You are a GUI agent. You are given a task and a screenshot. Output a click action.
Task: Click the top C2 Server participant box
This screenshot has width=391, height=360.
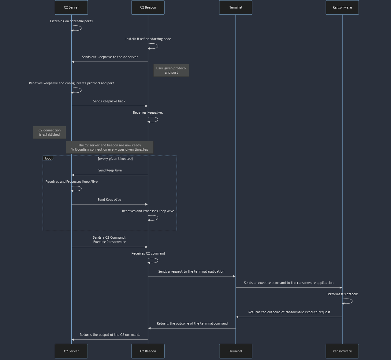point(71,7)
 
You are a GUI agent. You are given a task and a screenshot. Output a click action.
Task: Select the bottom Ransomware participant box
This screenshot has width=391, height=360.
point(342,351)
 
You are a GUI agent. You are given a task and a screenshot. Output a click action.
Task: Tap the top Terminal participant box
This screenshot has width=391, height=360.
point(236,7)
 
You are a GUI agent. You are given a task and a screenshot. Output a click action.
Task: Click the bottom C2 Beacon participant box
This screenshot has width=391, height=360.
point(148,351)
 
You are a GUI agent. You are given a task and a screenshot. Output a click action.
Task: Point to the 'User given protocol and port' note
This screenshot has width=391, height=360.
point(171,70)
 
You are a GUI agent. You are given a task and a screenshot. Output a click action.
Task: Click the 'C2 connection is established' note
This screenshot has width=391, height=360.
point(49,132)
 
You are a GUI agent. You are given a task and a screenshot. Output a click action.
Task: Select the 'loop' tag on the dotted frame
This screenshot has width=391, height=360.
point(48,158)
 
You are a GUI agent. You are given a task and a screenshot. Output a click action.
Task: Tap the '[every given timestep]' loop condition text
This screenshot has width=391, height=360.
point(115,159)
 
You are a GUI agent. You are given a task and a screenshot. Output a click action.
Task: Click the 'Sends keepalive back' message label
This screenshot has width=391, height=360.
point(109,101)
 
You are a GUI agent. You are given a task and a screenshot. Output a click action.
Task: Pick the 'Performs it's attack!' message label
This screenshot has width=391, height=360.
point(342,294)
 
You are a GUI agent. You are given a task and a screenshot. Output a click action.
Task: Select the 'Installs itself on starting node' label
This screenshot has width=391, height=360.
point(148,39)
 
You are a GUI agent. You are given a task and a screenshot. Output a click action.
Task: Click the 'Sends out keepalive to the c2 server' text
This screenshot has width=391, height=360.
point(110,57)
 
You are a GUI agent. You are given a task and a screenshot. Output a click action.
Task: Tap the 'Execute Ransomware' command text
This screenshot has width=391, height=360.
point(109,242)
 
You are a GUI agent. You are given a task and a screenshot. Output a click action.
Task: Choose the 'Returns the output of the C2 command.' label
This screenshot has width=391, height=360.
point(110,335)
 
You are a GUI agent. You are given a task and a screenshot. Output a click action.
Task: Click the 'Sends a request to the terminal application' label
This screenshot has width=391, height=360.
point(191,271)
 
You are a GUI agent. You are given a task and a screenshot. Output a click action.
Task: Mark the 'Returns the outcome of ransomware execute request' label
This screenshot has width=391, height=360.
point(289,312)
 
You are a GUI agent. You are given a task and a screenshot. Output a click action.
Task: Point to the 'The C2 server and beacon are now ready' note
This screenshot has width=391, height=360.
point(110,145)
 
